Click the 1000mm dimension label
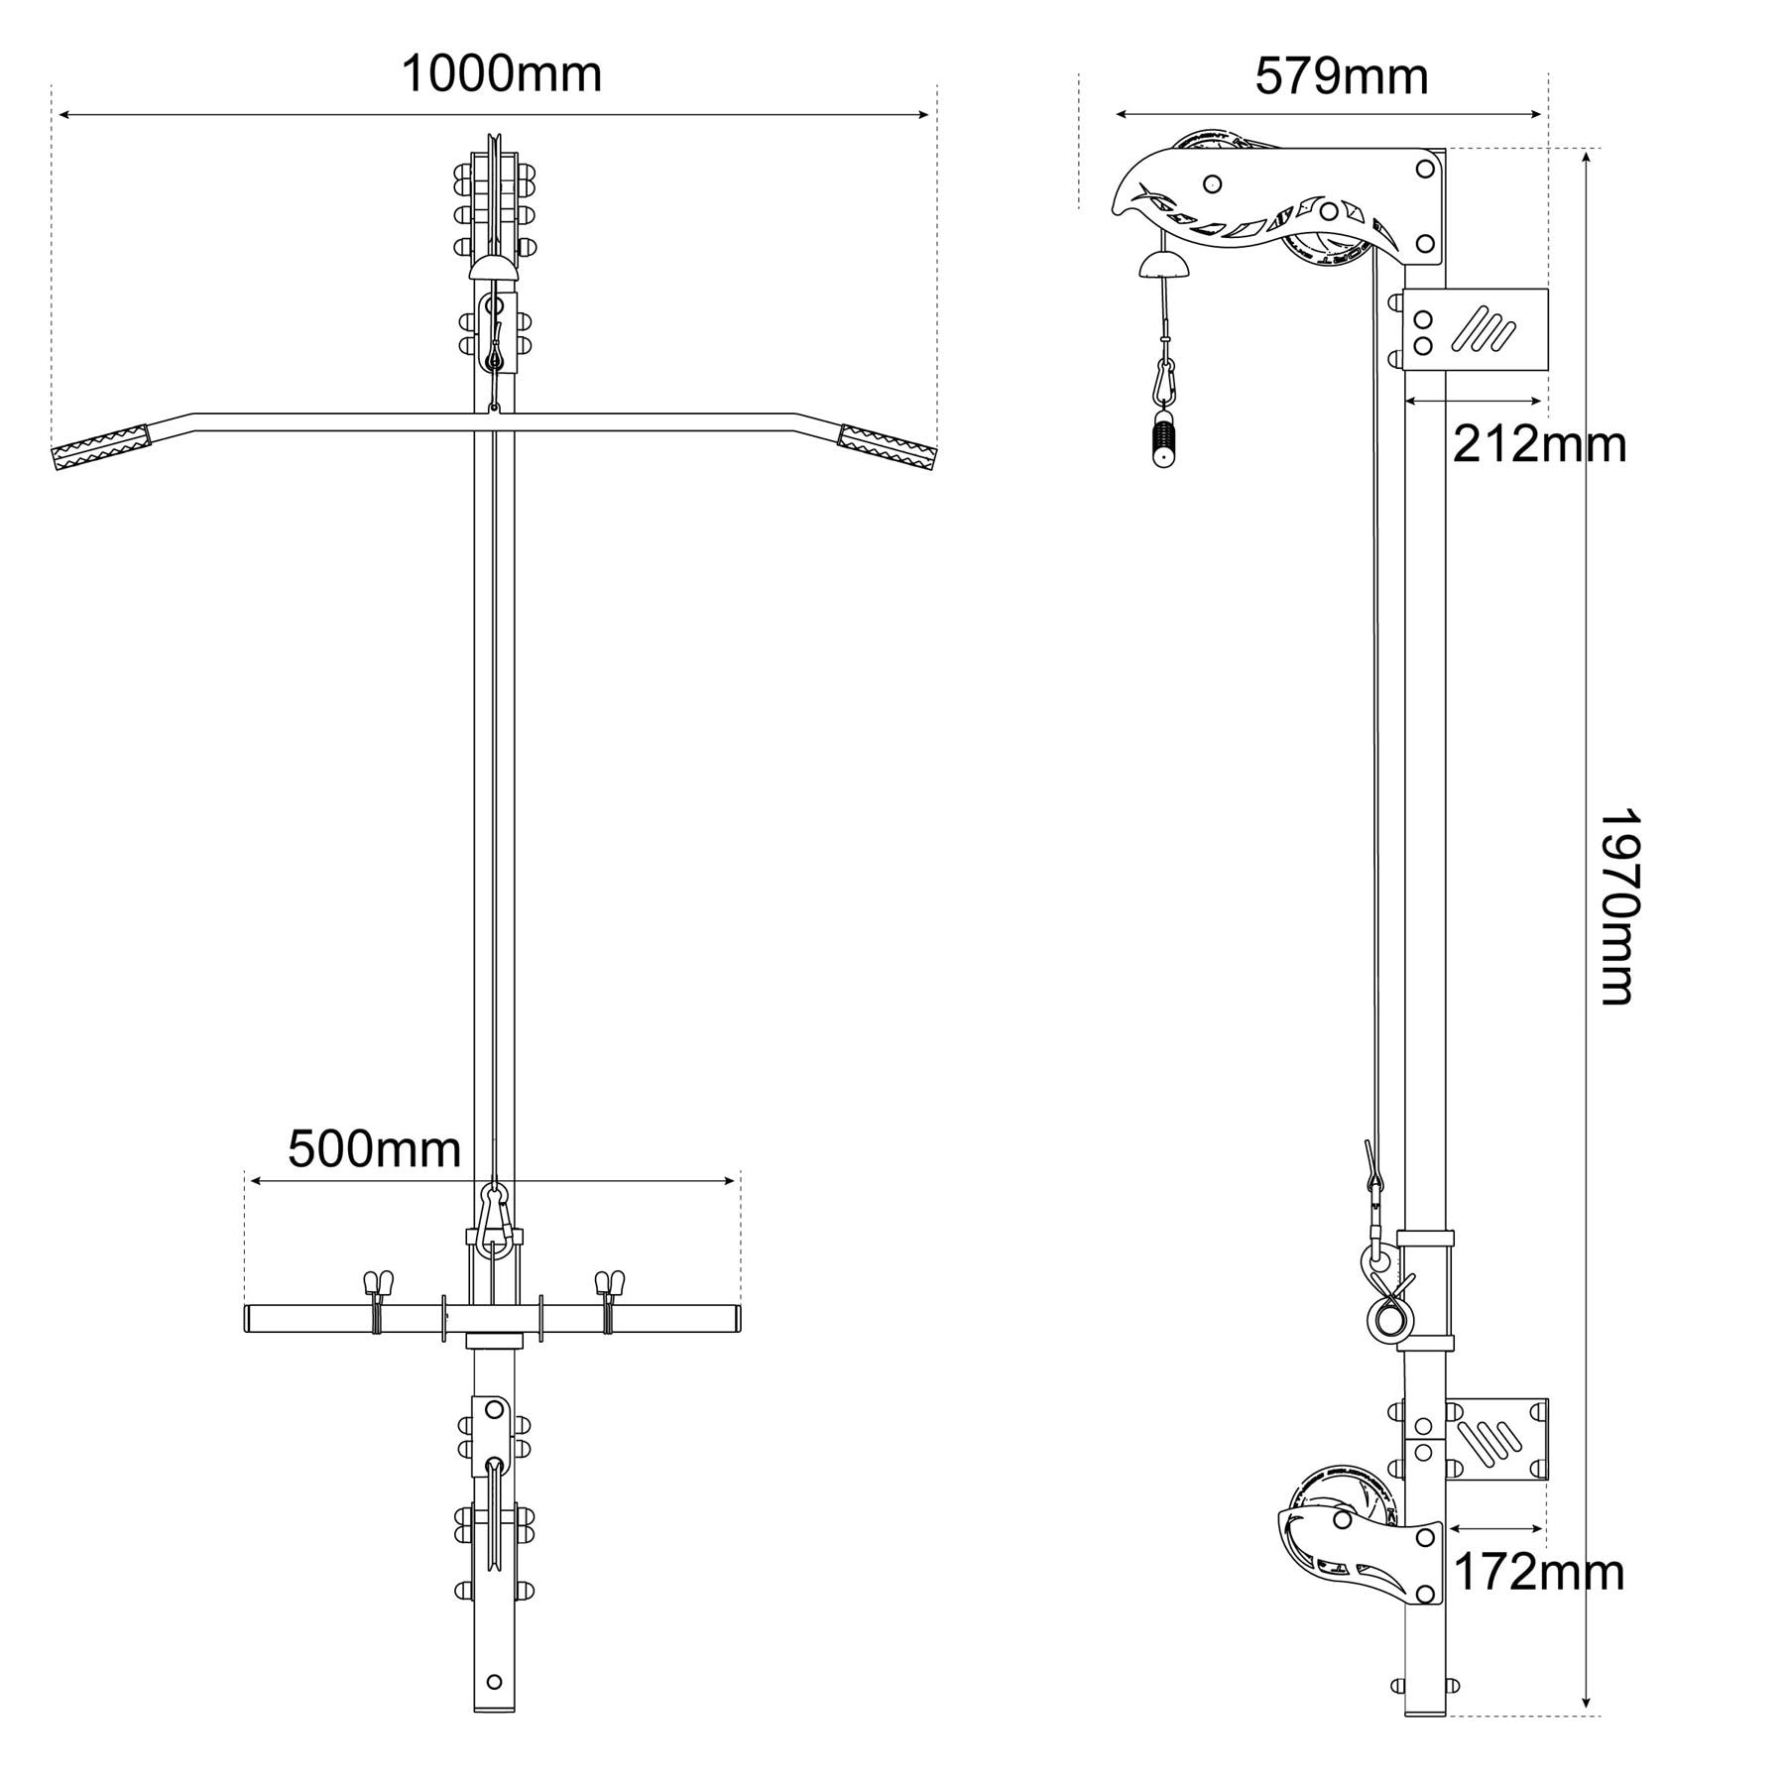[501, 74]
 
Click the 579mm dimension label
[1341, 76]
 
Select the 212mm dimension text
[1539, 445]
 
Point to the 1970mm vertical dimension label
[1617, 907]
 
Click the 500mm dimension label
[374, 1150]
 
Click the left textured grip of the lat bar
[100, 446]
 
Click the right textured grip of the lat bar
[887, 448]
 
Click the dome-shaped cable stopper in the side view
[1164, 265]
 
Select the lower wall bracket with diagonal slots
[1497, 1440]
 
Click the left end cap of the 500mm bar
[250, 1318]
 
